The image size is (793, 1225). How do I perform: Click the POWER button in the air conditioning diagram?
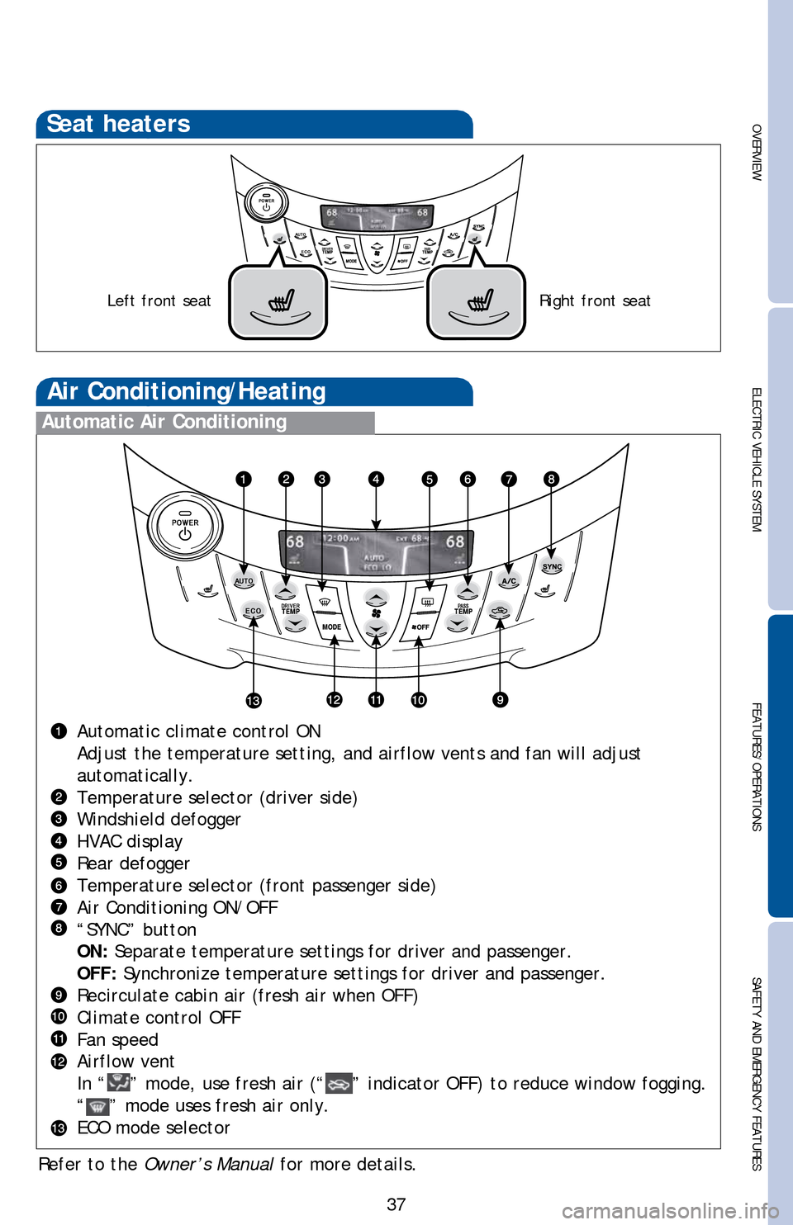point(185,527)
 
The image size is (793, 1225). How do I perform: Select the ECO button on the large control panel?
point(253,611)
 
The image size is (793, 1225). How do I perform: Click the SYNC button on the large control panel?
point(552,566)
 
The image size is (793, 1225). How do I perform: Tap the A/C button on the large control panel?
point(509,580)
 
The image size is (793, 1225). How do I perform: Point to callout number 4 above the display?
point(376,479)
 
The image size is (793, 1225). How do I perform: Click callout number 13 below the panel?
point(253,701)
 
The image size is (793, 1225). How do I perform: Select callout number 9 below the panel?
point(500,700)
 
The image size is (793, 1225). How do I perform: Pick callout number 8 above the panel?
point(551,479)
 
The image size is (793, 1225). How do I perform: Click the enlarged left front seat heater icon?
point(278,302)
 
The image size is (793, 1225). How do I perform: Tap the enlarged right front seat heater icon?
point(477,302)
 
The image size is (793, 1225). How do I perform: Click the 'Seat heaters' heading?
point(118,124)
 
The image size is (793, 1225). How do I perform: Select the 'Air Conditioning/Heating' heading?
point(187,391)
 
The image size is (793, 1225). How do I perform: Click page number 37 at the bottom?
point(396,1204)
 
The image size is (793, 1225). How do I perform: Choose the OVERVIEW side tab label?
point(756,153)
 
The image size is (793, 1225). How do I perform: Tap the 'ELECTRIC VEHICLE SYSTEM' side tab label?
point(756,459)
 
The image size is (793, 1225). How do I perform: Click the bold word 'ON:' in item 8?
point(92,952)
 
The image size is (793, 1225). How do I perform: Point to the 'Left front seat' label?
point(159,301)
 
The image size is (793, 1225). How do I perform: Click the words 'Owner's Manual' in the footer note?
point(208,1165)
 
